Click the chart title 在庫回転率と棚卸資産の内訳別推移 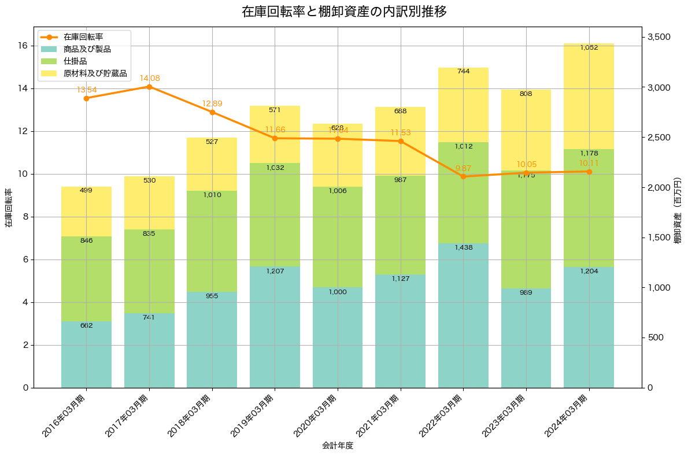[344, 12]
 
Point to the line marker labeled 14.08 [149, 87]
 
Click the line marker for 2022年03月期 [463, 176]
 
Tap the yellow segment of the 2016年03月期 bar [86, 212]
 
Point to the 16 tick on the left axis [23, 46]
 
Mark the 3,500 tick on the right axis [659, 37]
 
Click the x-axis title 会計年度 [338, 446]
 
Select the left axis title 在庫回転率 [8, 207]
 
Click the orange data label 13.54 [86, 90]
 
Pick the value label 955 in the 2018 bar [212, 296]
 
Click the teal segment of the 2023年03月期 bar [526, 338]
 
